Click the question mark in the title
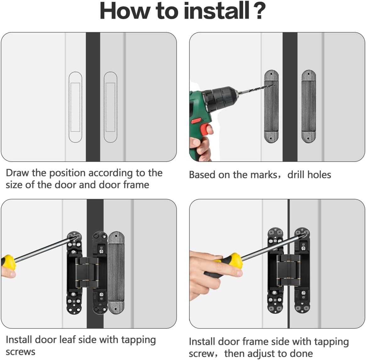click(x=259, y=11)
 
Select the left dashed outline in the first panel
click(x=75, y=107)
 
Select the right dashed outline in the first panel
click(x=110, y=107)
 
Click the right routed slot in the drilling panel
click(x=308, y=107)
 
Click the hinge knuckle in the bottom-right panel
click(x=289, y=270)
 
